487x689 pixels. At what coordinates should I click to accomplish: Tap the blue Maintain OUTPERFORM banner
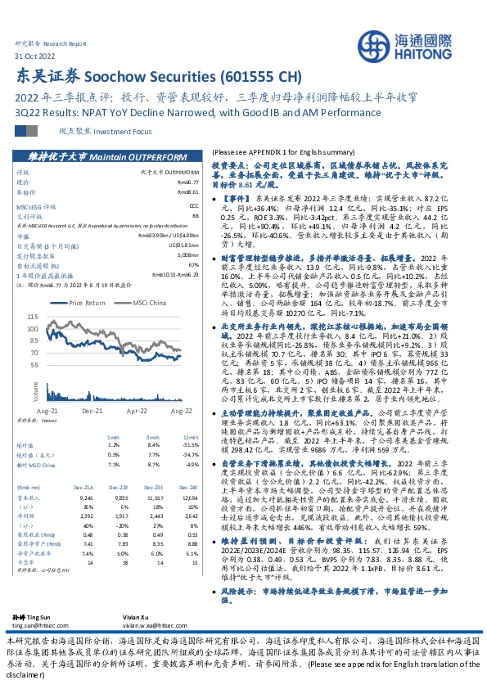point(107,155)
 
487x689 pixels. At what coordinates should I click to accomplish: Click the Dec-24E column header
point(190,464)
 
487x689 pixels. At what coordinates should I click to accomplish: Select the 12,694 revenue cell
point(189,475)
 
